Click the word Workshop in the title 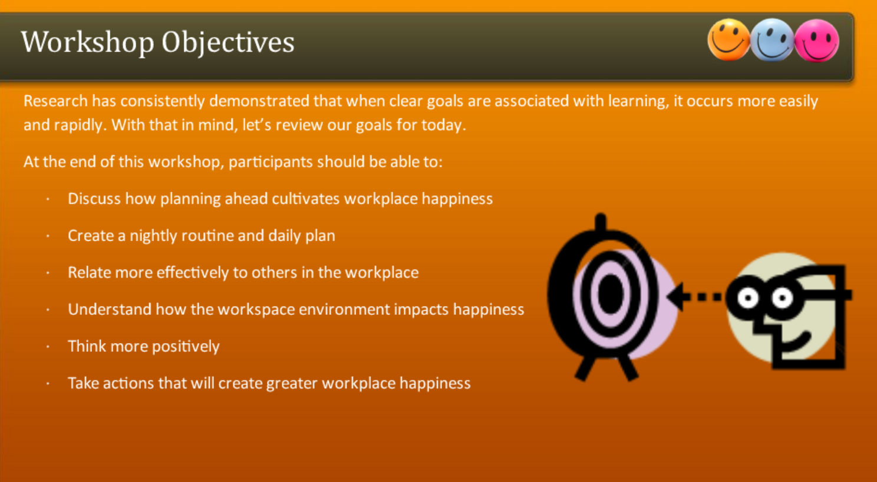point(87,42)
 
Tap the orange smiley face point(728,40)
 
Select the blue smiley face point(772,41)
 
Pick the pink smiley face point(817,41)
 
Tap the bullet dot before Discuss point(48,199)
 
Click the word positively point(185,347)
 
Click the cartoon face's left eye point(748,298)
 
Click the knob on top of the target point(600,222)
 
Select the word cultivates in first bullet point(306,199)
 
